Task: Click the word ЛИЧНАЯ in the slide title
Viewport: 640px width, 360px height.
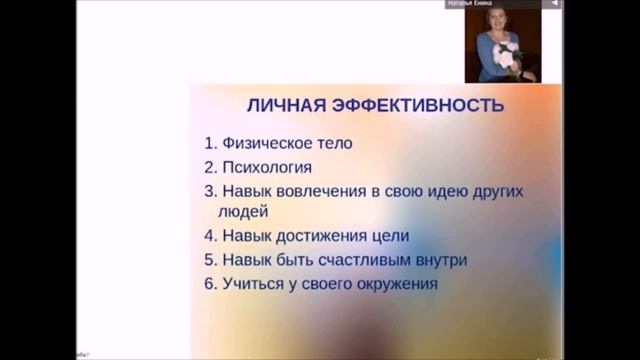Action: [x=285, y=105]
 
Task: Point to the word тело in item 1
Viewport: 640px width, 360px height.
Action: [x=334, y=143]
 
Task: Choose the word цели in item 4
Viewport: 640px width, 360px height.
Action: [x=391, y=236]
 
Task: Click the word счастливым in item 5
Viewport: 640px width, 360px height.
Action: [x=368, y=260]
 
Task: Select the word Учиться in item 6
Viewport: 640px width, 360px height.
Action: [x=254, y=284]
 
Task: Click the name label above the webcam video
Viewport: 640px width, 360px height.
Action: [x=491, y=4]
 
